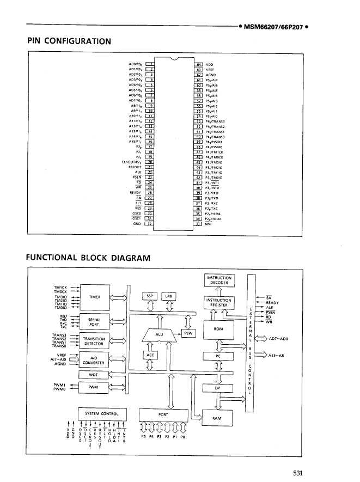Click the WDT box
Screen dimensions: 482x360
point(95,375)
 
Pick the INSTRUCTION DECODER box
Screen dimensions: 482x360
point(219,280)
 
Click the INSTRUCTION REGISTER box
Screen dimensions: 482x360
point(219,303)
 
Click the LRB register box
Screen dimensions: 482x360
point(168,296)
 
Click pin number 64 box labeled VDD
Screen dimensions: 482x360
point(199,64)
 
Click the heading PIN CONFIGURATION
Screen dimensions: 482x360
point(69,40)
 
